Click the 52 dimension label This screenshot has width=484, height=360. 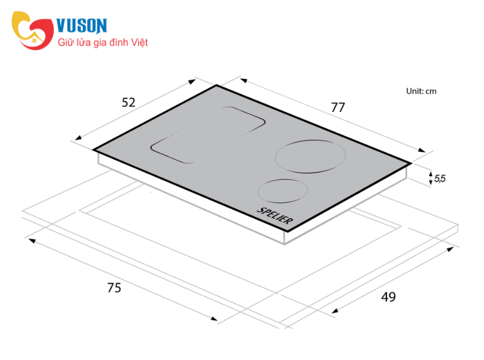pos(128,102)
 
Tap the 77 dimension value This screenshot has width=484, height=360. pos(338,108)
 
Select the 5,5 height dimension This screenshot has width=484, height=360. pos(440,178)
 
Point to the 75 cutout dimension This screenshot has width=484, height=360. pos(114,287)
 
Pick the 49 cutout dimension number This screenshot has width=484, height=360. pos(388,296)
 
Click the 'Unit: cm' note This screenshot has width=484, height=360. pos(421,91)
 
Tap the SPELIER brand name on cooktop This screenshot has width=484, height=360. pos(275,215)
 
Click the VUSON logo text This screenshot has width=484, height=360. pos(82,25)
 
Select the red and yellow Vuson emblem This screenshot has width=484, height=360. pos(33,30)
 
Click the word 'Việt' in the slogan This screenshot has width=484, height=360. pos(139,42)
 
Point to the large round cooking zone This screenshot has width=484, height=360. pos(310,157)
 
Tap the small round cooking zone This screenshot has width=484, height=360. pos(283,191)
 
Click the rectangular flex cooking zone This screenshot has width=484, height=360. pos(208,135)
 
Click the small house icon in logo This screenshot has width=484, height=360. pos(34,40)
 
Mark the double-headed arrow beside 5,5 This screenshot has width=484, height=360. pos(431,178)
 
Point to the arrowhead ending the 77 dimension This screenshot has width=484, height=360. pos(422,150)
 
